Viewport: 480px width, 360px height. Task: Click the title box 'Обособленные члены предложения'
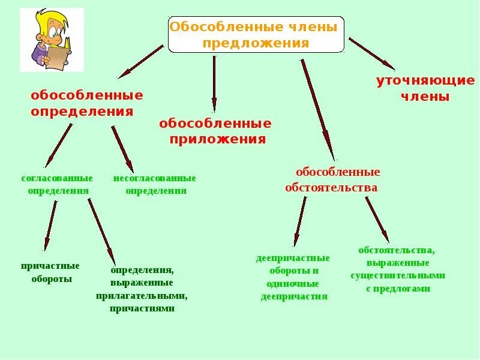click(x=256, y=35)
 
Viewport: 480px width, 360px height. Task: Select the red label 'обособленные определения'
click(x=87, y=103)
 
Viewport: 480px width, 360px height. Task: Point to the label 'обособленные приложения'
click(x=215, y=131)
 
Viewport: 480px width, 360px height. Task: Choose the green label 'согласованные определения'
click(x=58, y=184)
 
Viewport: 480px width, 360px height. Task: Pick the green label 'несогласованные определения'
click(x=155, y=184)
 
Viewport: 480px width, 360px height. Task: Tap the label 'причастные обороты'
click(x=50, y=272)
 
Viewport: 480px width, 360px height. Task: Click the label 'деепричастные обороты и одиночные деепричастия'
click(x=293, y=277)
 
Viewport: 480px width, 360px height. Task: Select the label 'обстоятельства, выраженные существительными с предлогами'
click(x=398, y=269)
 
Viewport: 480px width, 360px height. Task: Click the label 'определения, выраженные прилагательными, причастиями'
click(x=142, y=289)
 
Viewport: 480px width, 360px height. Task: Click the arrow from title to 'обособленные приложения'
click(x=214, y=84)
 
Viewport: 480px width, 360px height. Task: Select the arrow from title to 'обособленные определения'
click(x=141, y=61)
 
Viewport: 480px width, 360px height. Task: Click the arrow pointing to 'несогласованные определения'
click(x=122, y=148)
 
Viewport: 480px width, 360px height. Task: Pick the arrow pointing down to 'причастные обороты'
click(x=51, y=225)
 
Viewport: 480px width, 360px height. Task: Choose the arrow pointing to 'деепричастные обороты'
click(x=299, y=221)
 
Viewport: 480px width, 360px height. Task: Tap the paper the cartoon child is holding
click(x=58, y=57)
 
